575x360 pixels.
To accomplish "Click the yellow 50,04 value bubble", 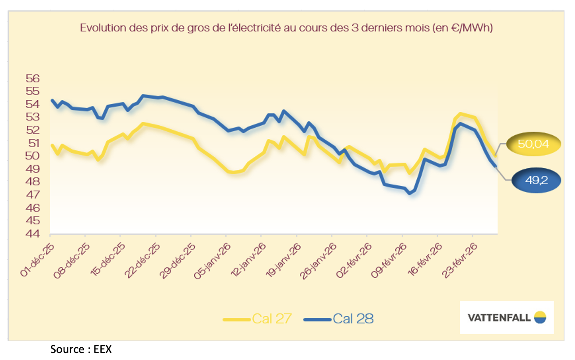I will coord(533,144).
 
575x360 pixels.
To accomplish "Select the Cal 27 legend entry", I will coord(257,318).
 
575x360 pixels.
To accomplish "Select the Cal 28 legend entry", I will coord(338,318).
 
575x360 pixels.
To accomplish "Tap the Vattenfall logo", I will coord(507,317).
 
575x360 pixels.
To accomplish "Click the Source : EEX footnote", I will coord(81,349).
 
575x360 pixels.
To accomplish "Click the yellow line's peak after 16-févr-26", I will coord(460,114).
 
